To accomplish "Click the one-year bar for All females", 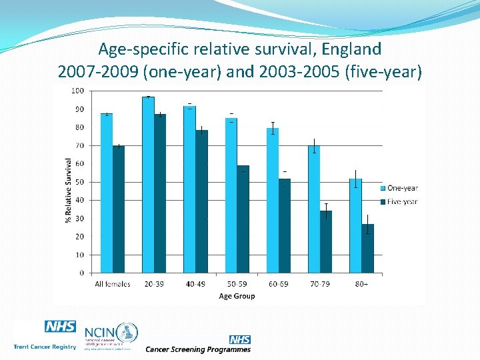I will click(107, 193).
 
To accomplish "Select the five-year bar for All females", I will click(119, 209).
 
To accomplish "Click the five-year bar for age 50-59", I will click(243, 219).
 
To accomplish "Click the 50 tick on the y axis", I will click(79, 182).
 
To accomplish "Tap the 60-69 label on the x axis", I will click(279, 284).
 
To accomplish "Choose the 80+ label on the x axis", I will click(361, 284).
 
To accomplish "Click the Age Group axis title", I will click(237, 296).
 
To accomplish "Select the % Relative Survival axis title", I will click(69, 191).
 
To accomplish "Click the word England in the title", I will click(347, 49).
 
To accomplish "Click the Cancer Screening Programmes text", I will click(198, 349).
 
